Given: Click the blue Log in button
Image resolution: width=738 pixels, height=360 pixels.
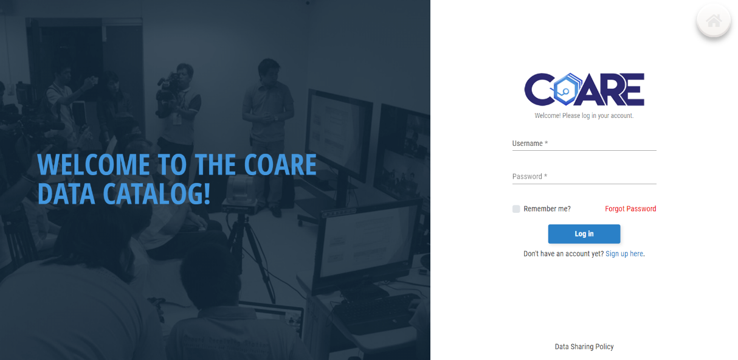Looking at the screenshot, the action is pyautogui.click(x=584, y=234).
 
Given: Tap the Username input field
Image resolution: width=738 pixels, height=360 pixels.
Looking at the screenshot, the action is pyautogui.click(x=584, y=144).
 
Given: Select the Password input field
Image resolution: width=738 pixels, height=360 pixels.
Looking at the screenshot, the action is pyautogui.click(x=584, y=177).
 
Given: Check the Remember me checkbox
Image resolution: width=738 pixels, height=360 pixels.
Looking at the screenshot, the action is pyautogui.click(x=516, y=209).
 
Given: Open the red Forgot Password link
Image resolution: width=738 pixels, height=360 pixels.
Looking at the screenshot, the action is pyautogui.click(x=630, y=209).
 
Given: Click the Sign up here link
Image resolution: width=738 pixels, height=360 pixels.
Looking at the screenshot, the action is pyautogui.click(x=624, y=254).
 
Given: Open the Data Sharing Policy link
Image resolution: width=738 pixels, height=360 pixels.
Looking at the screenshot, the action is pyautogui.click(x=584, y=347).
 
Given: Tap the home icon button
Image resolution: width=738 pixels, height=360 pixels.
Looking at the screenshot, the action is pyautogui.click(x=714, y=21).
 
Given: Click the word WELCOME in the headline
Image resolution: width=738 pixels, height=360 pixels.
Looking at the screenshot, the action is pyautogui.click(x=94, y=165).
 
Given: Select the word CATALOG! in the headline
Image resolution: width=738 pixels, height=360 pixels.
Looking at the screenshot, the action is pyautogui.click(x=156, y=193).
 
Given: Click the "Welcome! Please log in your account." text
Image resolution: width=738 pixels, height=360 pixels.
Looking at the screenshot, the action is pyautogui.click(x=584, y=116).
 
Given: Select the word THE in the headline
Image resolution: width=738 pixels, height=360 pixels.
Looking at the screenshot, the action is pyautogui.click(x=215, y=165).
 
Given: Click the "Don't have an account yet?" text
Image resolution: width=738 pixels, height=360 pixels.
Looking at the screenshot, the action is pyautogui.click(x=564, y=254).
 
